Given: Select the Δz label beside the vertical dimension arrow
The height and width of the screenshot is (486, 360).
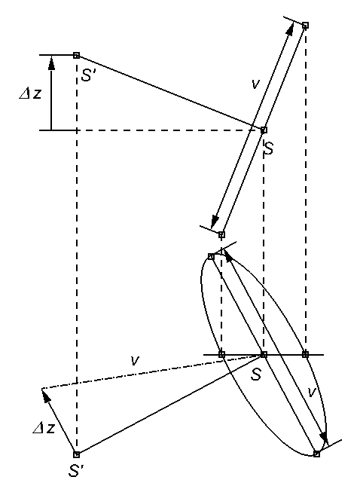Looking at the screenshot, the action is tap(30, 93).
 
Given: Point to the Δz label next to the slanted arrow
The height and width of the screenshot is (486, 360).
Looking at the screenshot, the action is tap(44, 428).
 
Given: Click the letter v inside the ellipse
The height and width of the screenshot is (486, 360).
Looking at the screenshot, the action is tap(312, 393).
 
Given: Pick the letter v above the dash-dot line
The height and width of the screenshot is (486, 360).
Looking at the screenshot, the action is tap(135, 360).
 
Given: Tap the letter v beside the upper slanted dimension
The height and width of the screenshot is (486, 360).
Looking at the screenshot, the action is tap(255, 84).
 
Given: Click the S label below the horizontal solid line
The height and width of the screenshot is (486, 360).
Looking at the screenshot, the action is tap(257, 374).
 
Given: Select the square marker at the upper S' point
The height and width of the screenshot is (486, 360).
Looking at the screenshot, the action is tap(76, 55).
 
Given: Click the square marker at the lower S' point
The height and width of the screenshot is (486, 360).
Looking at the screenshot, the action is tap(76, 454).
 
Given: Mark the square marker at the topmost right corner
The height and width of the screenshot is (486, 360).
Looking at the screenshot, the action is tap(305, 25).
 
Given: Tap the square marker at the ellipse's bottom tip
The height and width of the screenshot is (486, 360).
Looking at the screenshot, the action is tap(316, 454).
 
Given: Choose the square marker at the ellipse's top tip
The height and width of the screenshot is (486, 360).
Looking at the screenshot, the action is tap(211, 256).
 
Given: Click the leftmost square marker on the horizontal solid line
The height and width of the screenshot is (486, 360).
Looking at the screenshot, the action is tap(221, 354).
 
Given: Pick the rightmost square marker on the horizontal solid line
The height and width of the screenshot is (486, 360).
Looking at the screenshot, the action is tap(305, 354).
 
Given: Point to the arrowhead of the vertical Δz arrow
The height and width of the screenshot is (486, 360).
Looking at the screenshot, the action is tap(51, 62).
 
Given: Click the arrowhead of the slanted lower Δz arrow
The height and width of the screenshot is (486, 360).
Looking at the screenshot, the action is tap(45, 396).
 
